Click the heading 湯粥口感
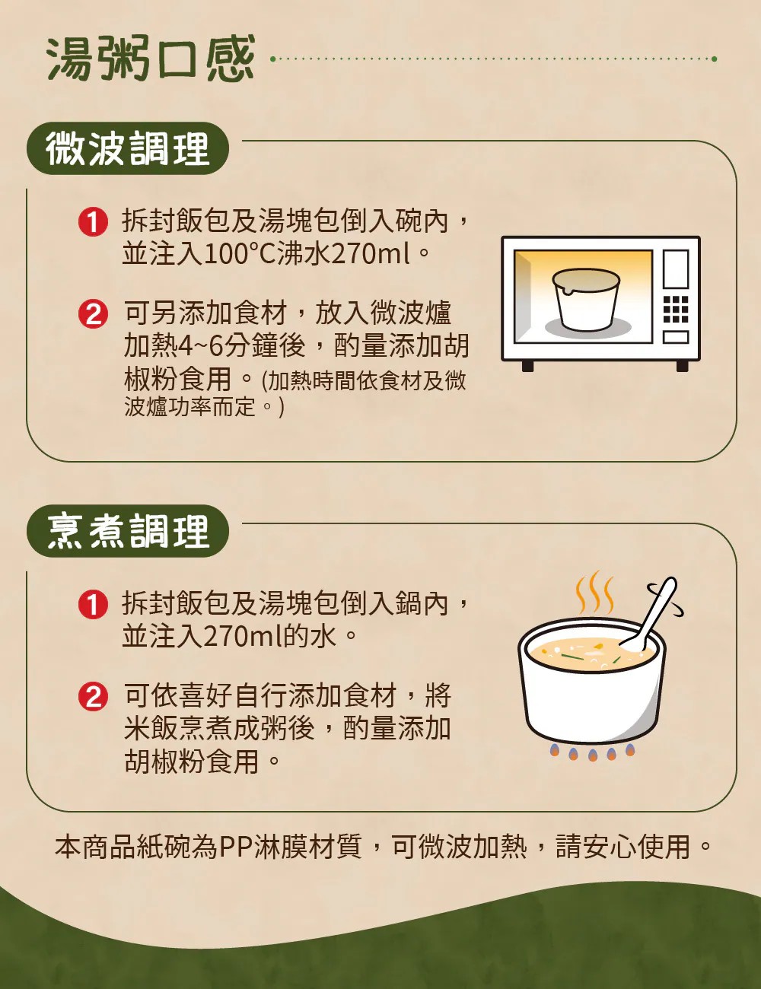pyautogui.click(x=151, y=59)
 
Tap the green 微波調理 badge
pyautogui.click(x=128, y=148)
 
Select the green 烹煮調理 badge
pyautogui.click(x=128, y=531)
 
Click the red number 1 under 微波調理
pyautogui.click(x=93, y=223)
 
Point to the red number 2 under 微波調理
pyautogui.click(x=93, y=314)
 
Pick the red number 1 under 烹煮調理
pyautogui.click(x=93, y=605)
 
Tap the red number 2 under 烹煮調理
pyautogui.click(x=93, y=697)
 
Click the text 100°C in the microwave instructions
pyautogui.click(x=240, y=254)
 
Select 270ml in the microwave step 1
pyautogui.click(x=370, y=254)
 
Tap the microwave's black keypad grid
pyautogui.click(x=676, y=309)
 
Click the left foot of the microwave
pyautogui.click(x=527, y=366)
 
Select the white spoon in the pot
pyautogui.click(x=651, y=613)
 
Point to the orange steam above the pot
pyautogui.click(x=594, y=592)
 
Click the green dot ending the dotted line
pyautogui.click(x=714, y=59)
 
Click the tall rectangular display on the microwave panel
pyautogui.click(x=676, y=269)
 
